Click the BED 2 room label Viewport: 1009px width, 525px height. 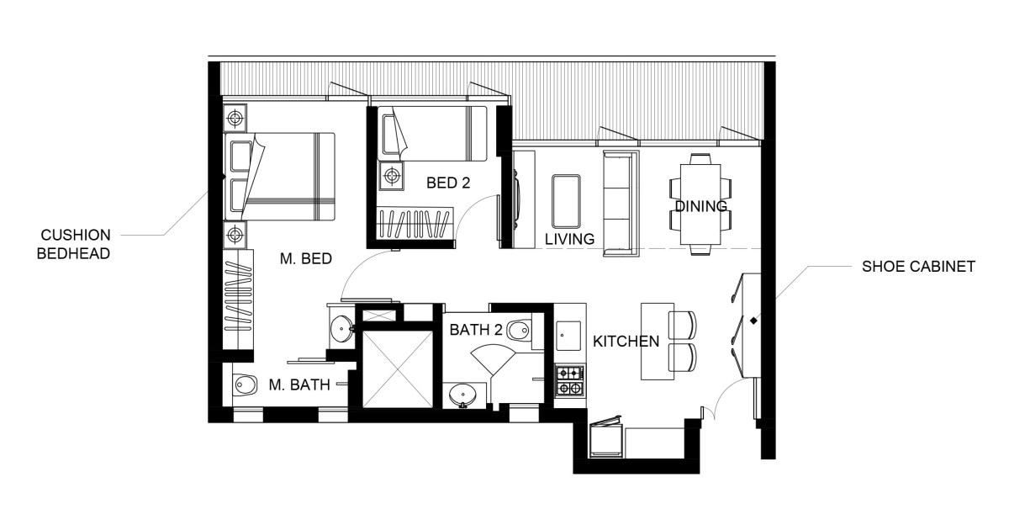448,183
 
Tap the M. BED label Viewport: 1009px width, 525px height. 306,258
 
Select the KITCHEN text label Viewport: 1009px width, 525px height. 626,342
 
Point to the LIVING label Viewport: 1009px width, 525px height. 569,239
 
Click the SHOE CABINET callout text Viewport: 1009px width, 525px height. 918,267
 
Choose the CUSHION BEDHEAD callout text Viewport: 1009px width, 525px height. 74,244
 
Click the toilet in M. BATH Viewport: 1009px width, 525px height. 246,385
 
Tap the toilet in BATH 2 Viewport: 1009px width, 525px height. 520,331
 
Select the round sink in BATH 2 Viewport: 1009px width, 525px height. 463,395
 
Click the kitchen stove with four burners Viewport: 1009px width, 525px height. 570,381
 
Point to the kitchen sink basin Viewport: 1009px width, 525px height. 568,336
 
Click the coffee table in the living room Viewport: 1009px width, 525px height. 566,201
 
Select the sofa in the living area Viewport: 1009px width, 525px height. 621,204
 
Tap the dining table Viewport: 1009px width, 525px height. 700,204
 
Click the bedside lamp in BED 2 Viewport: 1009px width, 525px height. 392,174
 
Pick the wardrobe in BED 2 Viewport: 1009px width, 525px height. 415,222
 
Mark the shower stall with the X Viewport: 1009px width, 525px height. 397,369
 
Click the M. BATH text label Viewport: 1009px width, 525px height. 299,384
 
